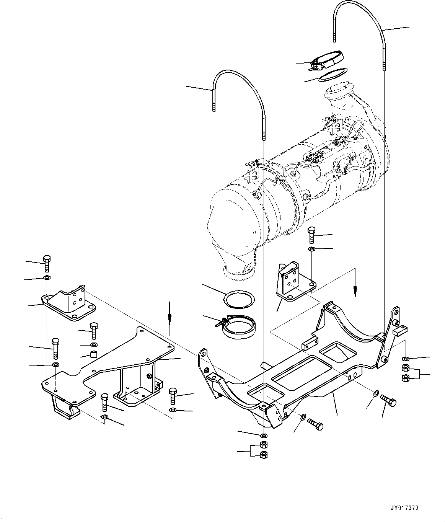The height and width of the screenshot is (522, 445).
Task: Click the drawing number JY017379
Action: coord(404,508)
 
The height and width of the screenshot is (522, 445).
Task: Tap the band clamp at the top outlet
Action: coord(327,61)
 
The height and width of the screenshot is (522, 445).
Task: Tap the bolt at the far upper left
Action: coord(47,263)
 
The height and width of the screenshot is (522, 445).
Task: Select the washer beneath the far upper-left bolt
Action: coord(47,277)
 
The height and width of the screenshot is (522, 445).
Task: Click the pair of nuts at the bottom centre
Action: coord(263,450)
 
